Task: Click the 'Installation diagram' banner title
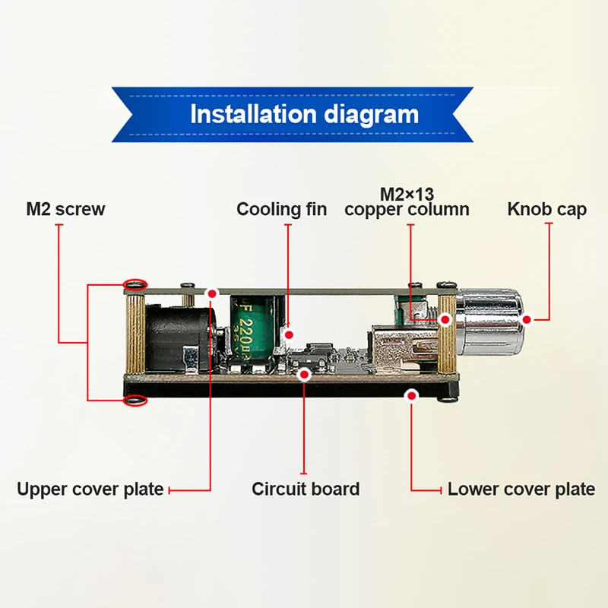coord(304,115)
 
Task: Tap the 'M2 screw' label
coord(65,209)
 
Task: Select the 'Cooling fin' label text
coord(281,209)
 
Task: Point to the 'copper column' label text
coord(407,209)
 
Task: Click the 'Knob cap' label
coord(547,209)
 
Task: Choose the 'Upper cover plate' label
coord(90,489)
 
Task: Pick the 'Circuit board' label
coord(306,489)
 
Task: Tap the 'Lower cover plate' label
coord(521,489)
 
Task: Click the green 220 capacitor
coord(249,328)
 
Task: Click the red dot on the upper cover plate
coord(212,293)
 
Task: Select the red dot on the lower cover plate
coord(411,394)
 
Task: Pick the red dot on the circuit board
coord(305,374)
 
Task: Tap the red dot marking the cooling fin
coord(287,334)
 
